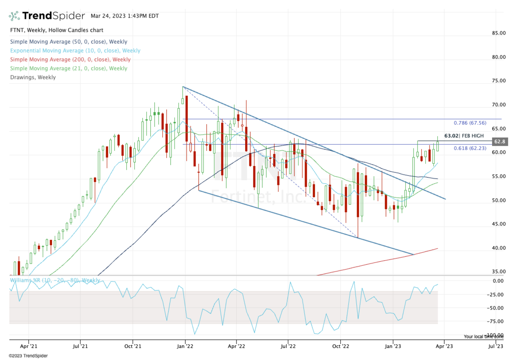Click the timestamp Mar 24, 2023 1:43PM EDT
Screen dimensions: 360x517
click(125, 16)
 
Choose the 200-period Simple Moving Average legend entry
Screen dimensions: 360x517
click(70, 59)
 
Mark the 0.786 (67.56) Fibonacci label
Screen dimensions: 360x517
click(470, 123)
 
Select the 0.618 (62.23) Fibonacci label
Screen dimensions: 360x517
click(470, 148)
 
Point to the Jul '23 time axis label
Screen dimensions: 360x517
click(495, 346)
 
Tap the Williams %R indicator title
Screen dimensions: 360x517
click(54, 280)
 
